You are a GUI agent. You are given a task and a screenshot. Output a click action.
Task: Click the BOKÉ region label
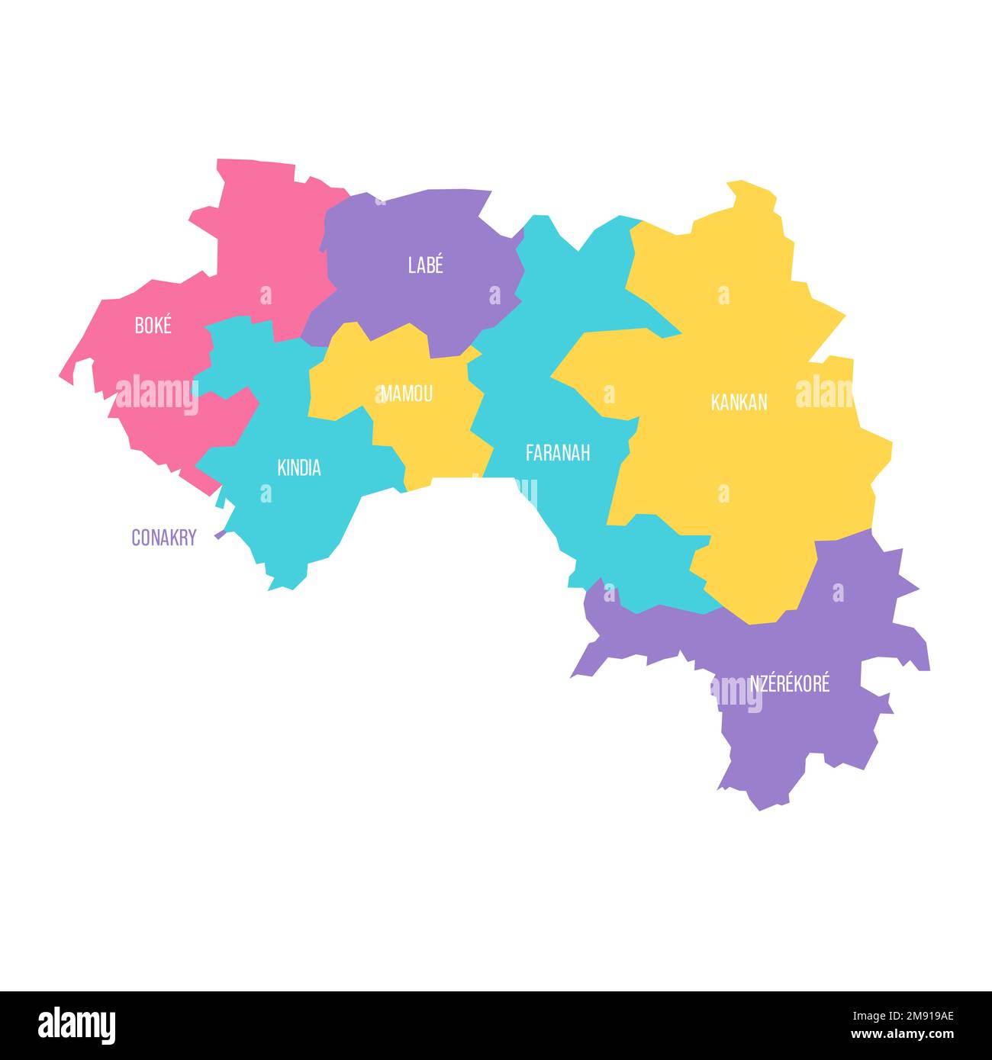(153, 326)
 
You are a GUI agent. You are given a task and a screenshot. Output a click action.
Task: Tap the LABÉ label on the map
(425, 265)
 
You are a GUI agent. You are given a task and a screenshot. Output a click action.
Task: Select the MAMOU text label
(407, 393)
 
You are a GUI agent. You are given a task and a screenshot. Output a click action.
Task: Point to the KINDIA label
(298, 467)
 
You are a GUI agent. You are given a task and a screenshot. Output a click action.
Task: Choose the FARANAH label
(557, 453)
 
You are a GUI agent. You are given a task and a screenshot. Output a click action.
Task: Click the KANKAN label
(738, 403)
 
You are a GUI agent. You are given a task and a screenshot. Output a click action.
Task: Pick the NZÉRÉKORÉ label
(789, 683)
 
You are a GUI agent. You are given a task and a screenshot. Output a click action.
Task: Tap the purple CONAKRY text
(163, 538)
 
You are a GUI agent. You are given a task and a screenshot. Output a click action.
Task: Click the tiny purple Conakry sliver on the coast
(220, 534)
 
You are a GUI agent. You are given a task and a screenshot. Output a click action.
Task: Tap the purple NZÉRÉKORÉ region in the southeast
(794, 732)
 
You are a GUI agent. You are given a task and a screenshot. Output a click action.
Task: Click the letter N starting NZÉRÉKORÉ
(755, 683)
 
